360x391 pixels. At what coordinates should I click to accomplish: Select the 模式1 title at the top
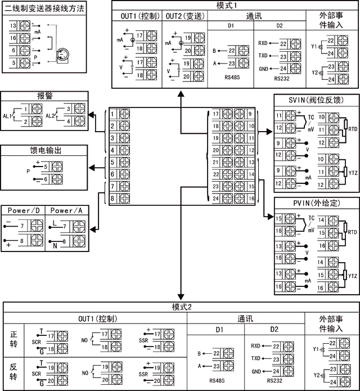click(x=235, y=5)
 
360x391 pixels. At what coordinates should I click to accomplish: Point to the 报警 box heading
click(x=44, y=96)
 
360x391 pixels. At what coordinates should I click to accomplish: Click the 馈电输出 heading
click(x=44, y=150)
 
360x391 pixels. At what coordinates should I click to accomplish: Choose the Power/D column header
click(x=22, y=210)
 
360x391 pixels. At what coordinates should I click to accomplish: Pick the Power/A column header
click(x=66, y=210)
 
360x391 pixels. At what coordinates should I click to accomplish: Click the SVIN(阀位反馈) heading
click(x=316, y=100)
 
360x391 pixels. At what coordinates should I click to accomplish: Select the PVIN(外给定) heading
click(x=316, y=203)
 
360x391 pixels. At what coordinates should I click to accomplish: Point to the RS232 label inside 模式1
click(x=282, y=79)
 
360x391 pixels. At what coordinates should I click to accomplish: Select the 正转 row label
click(x=14, y=339)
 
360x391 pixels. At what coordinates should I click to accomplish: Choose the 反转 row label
click(x=14, y=371)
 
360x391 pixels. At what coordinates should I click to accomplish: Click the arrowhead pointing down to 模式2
click(x=181, y=297)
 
